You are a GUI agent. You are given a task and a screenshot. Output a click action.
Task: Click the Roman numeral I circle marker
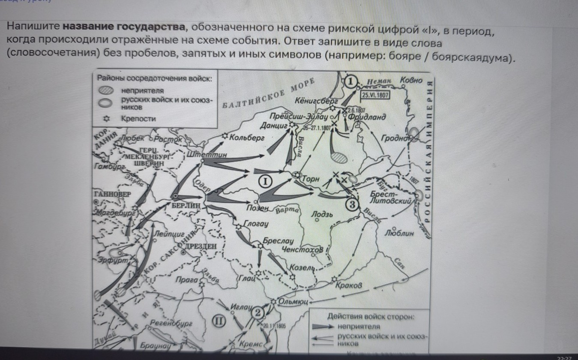[x=265, y=181]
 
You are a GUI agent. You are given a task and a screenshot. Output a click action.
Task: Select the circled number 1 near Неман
[x=351, y=81]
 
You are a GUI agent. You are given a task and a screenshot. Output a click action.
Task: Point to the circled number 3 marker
[x=351, y=204]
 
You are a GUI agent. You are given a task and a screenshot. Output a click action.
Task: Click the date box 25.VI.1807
[x=375, y=95]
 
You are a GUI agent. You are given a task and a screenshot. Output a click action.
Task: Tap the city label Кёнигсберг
[x=317, y=101]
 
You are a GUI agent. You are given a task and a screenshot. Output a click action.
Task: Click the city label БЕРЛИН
[x=186, y=205]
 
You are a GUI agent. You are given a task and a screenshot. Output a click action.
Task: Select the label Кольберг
[x=246, y=138]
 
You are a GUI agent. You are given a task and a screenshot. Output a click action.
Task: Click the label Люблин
[x=399, y=234]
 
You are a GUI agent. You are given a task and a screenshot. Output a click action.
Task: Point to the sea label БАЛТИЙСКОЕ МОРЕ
[x=268, y=95]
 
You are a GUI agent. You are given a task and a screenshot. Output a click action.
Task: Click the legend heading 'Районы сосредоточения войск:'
[x=154, y=78]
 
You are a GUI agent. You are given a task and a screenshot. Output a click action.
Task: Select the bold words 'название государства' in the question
[x=124, y=27]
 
